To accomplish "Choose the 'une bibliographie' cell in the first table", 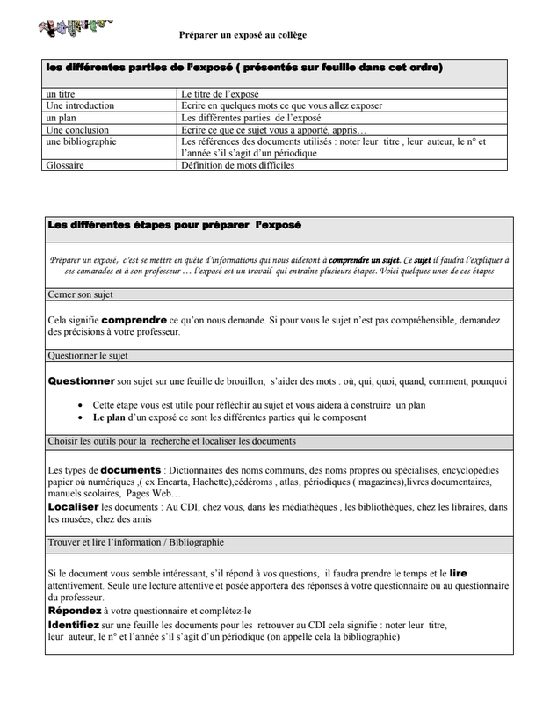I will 80,141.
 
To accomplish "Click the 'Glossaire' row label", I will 65,164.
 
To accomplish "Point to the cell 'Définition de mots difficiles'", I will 237,164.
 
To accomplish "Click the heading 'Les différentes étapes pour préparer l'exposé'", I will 173,226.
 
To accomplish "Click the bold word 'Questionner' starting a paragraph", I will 81,382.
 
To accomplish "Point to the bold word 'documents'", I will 131,470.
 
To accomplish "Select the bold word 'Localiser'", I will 73,506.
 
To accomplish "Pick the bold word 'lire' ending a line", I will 458,573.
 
